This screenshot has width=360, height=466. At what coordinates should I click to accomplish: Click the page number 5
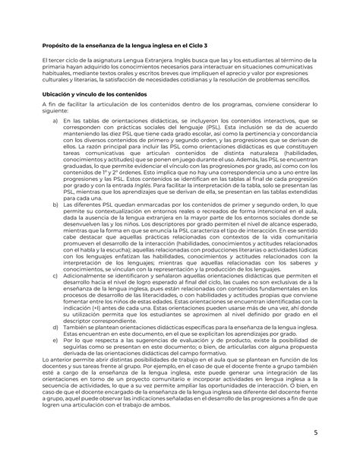click(336, 436)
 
